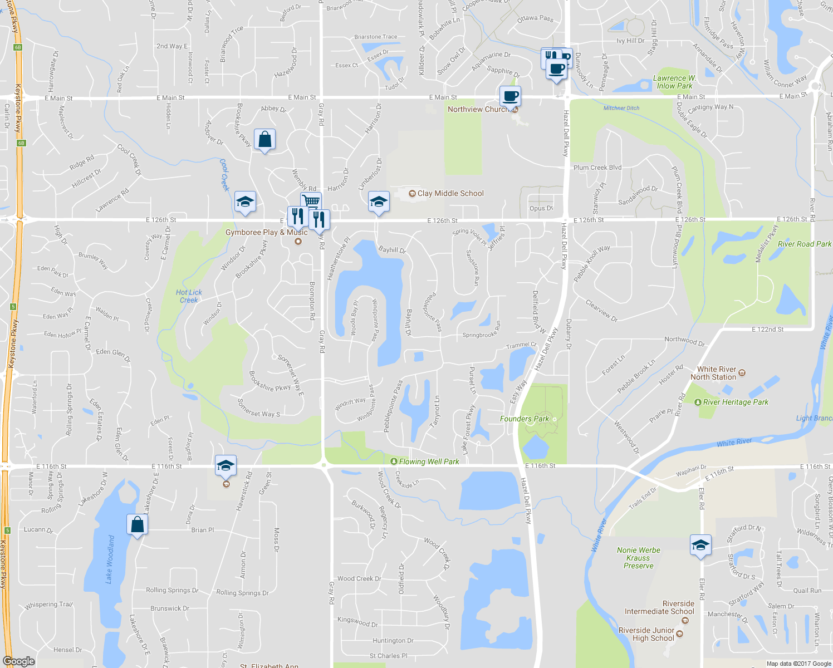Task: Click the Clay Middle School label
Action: pos(450,193)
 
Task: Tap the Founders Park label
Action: pos(524,419)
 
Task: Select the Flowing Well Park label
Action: pos(429,461)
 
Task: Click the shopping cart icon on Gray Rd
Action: pos(311,201)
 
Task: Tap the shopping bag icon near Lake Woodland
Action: pos(137,524)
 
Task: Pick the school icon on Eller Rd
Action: pos(700,545)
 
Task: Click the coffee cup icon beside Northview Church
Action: pos(510,96)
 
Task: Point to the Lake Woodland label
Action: pos(110,559)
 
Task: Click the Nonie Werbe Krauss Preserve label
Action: pos(638,558)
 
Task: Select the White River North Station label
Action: pos(717,373)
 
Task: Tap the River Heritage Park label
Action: pos(735,402)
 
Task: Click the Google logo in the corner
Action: pos(18,661)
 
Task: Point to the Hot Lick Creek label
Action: pos(189,296)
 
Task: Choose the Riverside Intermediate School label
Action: pos(659,607)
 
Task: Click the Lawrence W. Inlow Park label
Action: pos(674,82)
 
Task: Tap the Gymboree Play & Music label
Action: pos(266,232)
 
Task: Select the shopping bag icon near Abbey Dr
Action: pos(264,140)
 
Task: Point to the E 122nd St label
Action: pos(767,330)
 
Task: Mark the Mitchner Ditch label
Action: pos(621,108)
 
